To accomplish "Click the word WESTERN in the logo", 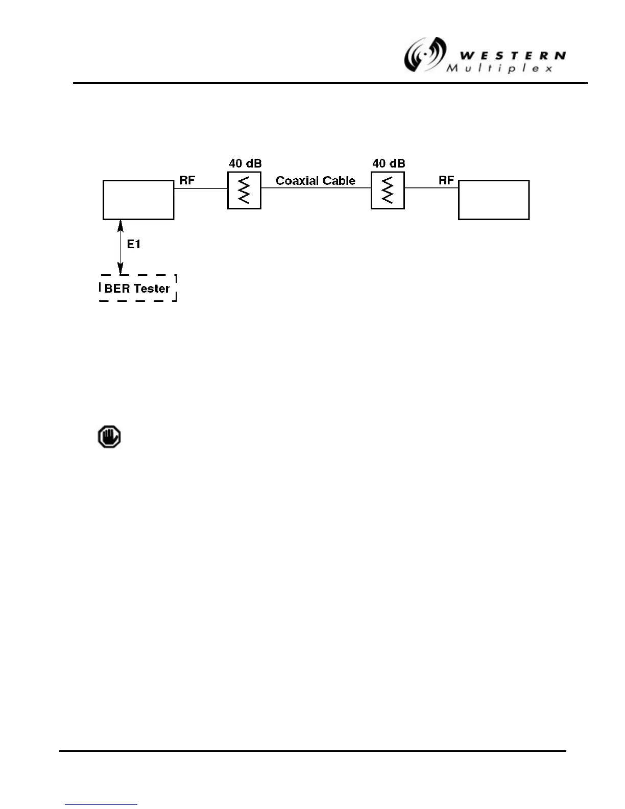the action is tap(512, 56).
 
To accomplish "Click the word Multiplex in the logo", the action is tap(499, 68).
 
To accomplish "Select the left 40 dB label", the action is tap(245, 163).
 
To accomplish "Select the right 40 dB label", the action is tap(389, 163).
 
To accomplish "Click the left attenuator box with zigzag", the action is tap(244, 190).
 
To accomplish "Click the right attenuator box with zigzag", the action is tap(388, 190).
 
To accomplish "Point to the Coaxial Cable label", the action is tap(316, 181).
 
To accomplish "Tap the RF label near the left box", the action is tap(187, 180).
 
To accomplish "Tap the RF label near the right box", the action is tap(446, 180).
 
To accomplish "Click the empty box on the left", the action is tap(138, 200).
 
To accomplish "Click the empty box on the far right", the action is tap(494, 200).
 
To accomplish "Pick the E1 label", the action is tap(134, 245).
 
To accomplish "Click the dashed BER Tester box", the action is tap(138, 288).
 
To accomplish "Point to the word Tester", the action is tap(152, 289).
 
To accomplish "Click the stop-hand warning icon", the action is tap(109, 437).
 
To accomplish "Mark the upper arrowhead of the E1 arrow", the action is tap(121, 224).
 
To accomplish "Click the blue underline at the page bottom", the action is tap(101, 804).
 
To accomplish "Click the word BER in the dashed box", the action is tap(117, 289).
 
